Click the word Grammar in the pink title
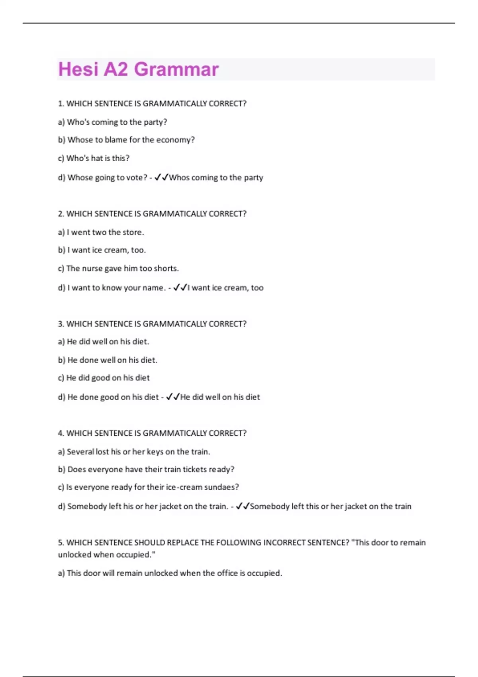(176, 69)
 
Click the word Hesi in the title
(78, 69)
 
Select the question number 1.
(61, 104)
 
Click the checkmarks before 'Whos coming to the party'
(161, 177)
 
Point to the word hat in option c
(97, 158)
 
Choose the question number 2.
(61, 214)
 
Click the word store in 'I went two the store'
(133, 232)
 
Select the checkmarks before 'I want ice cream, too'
(180, 288)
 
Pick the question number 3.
(61, 324)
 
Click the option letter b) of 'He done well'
(61, 360)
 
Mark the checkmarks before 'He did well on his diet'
(172, 397)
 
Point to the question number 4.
(61, 433)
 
